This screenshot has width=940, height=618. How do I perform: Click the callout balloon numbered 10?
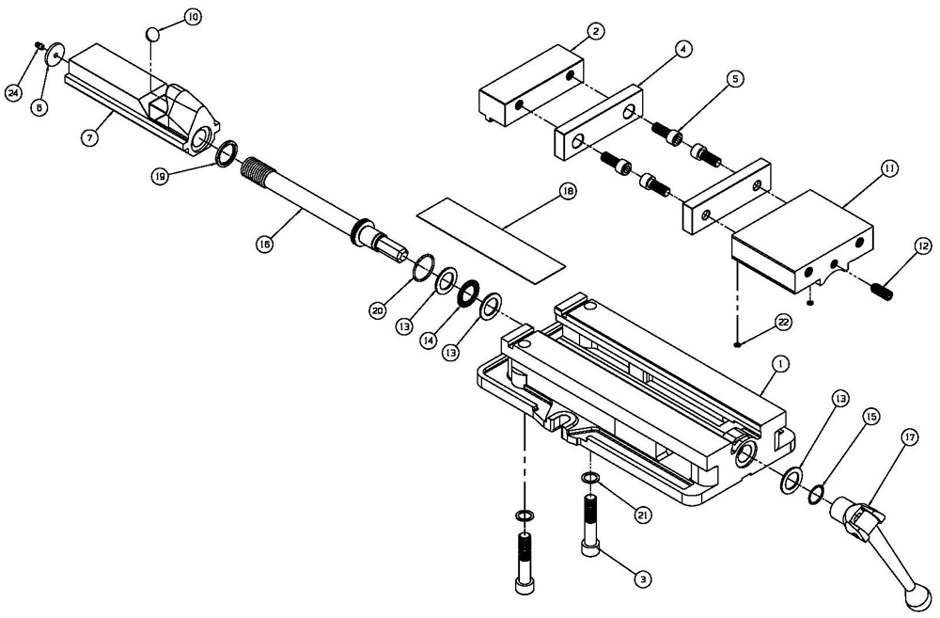point(192,18)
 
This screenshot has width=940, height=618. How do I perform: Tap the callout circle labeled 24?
point(13,92)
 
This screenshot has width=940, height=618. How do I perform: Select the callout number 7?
point(90,138)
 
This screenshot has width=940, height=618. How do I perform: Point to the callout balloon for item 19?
point(162,176)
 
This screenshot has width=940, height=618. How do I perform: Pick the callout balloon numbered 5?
point(735,80)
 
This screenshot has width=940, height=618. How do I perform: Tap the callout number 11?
point(888,169)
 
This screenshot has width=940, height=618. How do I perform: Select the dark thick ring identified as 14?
point(467,295)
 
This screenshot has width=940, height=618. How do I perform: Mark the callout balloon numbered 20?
point(377,309)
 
